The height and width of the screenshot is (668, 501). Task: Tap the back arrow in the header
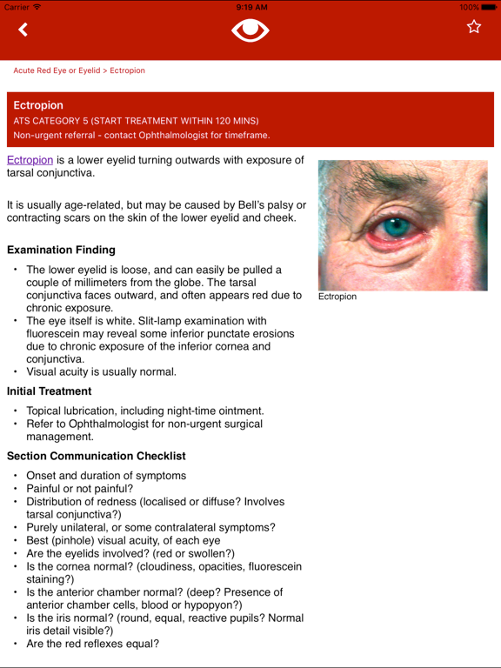[23, 30]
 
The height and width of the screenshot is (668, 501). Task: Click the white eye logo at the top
[250, 30]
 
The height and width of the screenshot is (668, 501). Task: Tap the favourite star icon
[474, 27]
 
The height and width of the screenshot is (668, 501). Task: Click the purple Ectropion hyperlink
[30, 160]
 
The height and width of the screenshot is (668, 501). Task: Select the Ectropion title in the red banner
[38, 105]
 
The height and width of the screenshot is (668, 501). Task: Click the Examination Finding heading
[61, 250]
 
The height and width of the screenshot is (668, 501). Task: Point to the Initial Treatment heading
[50, 391]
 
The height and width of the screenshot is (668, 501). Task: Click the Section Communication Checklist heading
[96, 456]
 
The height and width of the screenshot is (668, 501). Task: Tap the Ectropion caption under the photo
[337, 297]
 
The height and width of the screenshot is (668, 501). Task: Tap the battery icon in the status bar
[488, 7]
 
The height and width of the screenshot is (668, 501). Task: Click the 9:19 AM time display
[250, 7]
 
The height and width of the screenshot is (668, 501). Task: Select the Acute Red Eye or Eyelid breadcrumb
[57, 70]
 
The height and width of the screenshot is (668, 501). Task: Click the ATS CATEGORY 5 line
[136, 121]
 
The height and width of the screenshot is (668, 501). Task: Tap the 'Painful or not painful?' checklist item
[80, 489]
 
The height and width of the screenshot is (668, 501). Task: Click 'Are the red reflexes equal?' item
[93, 644]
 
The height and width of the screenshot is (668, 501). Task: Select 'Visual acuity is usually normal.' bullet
[102, 371]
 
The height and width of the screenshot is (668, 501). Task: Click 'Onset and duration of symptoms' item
[106, 476]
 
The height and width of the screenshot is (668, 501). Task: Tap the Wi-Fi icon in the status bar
[37, 7]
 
